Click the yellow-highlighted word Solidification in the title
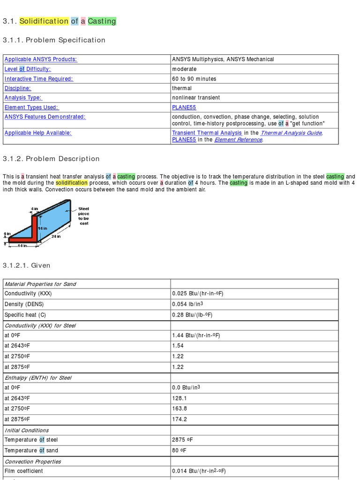click(44, 21)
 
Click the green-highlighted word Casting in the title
click(102, 21)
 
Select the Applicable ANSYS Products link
click(41, 60)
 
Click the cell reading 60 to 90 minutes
click(194, 79)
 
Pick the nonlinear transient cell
click(196, 97)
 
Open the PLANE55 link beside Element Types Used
click(184, 107)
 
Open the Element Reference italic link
click(238, 140)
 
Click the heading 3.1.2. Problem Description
click(51, 159)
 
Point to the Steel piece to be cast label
click(83, 216)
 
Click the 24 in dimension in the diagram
click(56, 237)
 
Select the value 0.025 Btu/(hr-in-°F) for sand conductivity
click(197, 293)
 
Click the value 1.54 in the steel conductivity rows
click(178, 345)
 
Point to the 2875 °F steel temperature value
click(182, 440)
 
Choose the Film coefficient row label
click(23, 471)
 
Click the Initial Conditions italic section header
click(26, 430)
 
